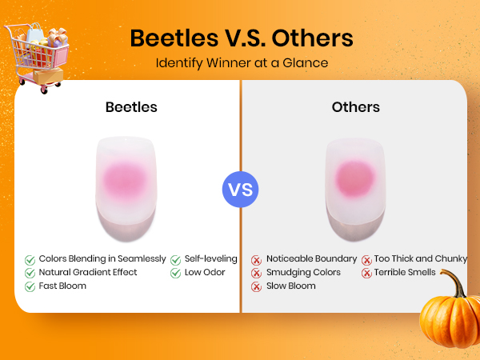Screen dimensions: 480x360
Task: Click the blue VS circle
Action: (240, 190)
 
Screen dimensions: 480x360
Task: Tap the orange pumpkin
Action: (450, 315)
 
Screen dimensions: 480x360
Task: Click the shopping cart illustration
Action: (37, 58)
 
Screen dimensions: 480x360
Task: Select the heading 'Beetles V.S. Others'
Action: (242, 38)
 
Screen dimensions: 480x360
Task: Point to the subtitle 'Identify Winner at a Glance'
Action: (242, 63)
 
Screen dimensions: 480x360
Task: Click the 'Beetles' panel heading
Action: (131, 107)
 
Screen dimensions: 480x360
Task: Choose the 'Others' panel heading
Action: (356, 107)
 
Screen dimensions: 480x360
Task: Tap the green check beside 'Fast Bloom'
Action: (30, 286)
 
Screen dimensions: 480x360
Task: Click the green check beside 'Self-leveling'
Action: (176, 260)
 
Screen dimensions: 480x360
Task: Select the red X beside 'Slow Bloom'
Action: (256, 287)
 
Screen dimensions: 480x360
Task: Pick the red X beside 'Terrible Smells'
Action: (366, 273)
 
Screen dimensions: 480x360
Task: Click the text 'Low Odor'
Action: (205, 272)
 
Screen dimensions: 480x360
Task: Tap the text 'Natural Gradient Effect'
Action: (88, 272)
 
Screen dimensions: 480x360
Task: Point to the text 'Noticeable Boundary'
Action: (312, 259)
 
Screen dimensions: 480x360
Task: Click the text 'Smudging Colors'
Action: (303, 273)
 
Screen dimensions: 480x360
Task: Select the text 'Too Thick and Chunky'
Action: (421, 259)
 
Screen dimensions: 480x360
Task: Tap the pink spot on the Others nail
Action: (354, 178)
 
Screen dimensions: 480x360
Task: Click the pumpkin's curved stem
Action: (454, 281)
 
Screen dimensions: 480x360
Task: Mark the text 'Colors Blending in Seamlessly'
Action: (102, 259)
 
